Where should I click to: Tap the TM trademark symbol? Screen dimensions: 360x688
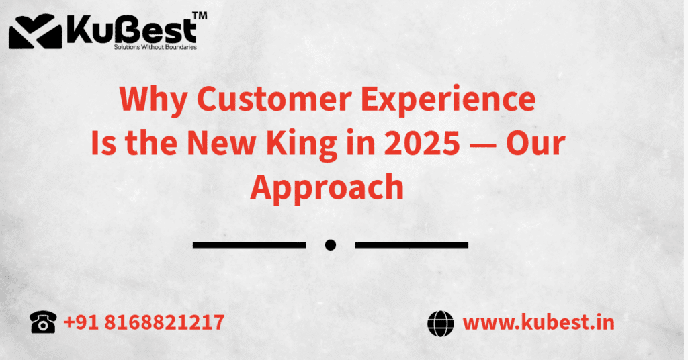point(200,15)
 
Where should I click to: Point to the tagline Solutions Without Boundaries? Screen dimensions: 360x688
point(155,48)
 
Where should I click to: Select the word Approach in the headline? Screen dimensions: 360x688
point(327,189)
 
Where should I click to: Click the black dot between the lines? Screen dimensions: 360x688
point(330,245)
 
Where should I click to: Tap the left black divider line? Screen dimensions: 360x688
point(249,245)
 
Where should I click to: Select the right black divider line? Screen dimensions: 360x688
point(411,245)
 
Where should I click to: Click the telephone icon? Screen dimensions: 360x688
point(43,323)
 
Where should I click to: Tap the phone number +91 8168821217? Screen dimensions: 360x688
point(144,323)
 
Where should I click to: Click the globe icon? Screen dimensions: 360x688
point(441,323)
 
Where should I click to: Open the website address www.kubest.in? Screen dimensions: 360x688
point(538,323)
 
